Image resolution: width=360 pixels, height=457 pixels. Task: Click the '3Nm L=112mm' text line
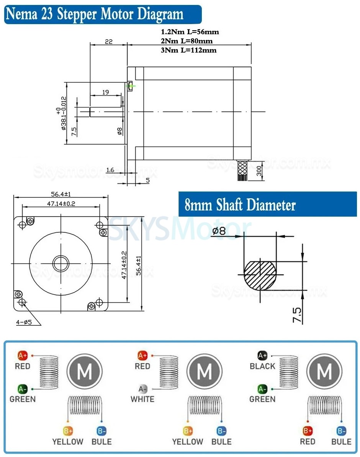[x=189, y=50]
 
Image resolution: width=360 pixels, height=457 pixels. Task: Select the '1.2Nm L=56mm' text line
[x=190, y=32]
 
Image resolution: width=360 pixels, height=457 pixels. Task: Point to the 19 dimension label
[x=105, y=92]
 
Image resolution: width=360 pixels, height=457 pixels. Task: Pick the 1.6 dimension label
[x=110, y=169]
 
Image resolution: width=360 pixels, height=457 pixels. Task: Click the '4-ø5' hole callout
[x=24, y=322]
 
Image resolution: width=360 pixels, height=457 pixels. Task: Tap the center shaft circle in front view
[x=61, y=263]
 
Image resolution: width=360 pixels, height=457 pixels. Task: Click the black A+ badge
[x=262, y=356]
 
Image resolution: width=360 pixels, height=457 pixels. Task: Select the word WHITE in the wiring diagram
[x=142, y=399]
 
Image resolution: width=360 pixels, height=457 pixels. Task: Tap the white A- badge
[x=143, y=389]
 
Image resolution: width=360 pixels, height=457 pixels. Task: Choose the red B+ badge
[x=307, y=431]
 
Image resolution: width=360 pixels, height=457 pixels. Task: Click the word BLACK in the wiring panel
[x=262, y=366]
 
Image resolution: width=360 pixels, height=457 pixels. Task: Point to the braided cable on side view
[x=243, y=170]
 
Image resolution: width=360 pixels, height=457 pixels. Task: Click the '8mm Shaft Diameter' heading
[x=240, y=205]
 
